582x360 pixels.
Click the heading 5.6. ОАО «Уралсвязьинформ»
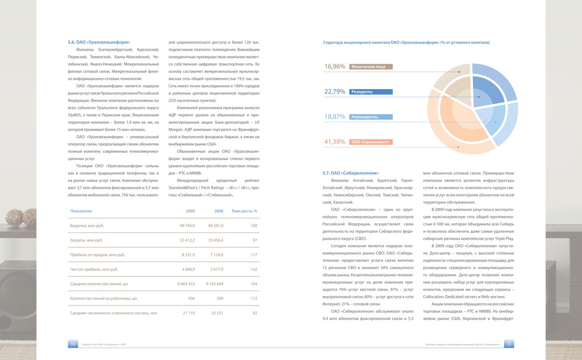pos(99,42)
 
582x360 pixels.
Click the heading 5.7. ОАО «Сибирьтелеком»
pos(350,173)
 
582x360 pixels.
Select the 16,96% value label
pos(335,66)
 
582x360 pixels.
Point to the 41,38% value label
pos(335,142)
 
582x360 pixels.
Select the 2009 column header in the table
pos(190,211)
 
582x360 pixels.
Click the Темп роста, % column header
pos(244,211)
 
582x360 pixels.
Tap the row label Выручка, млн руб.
pos(87,226)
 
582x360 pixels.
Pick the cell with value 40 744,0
pos(187,226)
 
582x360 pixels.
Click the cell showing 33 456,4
pos(216,240)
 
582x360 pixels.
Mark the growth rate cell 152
pos(254,270)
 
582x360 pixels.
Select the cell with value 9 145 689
pos(214,284)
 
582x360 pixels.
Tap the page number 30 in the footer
pos(73,344)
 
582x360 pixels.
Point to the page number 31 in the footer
pos(509,344)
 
